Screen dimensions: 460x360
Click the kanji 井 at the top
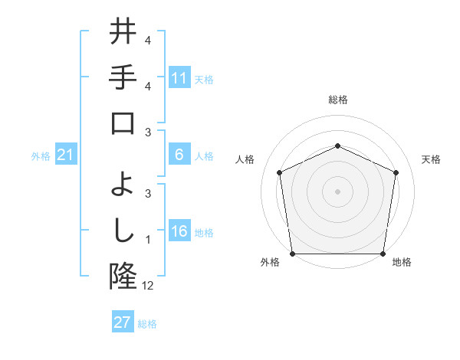click(x=123, y=34)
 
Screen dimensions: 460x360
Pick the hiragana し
click(x=123, y=229)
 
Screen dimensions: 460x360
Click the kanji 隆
click(x=123, y=275)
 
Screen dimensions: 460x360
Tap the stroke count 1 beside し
click(x=148, y=239)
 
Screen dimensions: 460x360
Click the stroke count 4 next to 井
click(x=148, y=40)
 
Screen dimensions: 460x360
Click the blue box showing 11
click(x=179, y=77)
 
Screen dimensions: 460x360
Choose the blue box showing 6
click(x=179, y=155)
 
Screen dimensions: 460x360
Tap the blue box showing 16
click(x=179, y=232)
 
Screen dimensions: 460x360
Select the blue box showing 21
click(x=65, y=155)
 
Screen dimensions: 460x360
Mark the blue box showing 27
click(x=123, y=322)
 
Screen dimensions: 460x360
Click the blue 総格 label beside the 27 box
click(x=147, y=324)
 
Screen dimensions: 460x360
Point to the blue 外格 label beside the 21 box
click(x=40, y=156)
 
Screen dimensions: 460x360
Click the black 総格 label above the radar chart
click(x=337, y=100)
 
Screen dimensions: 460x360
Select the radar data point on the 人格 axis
click(x=280, y=172)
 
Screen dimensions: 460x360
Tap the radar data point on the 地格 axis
click(x=383, y=254)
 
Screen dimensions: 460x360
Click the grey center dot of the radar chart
click(x=337, y=191)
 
